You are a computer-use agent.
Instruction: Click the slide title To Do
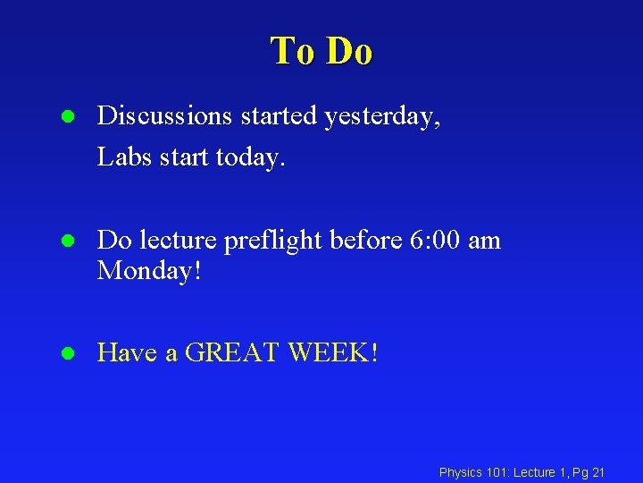321,51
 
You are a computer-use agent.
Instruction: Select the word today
251,157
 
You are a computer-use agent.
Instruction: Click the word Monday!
150,269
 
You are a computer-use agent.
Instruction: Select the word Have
125,352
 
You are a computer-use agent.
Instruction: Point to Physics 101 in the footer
473,471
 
